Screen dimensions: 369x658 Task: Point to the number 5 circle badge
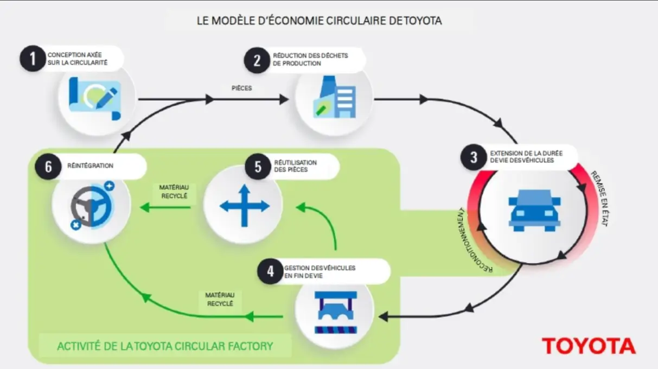coord(258,167)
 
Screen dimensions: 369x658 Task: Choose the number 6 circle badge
coord(48,167)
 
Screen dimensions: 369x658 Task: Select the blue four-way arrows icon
coord(244,206)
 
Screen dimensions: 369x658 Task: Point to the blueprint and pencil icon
coord(95,98)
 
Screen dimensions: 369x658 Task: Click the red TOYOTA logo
coord(589,346)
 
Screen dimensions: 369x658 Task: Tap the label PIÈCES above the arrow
coord(241,88)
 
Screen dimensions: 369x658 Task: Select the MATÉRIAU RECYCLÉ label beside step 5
coord(173,191)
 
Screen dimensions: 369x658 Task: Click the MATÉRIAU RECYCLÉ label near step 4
coord(220,299)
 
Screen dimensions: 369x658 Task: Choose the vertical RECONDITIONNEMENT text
coord(470,239)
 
